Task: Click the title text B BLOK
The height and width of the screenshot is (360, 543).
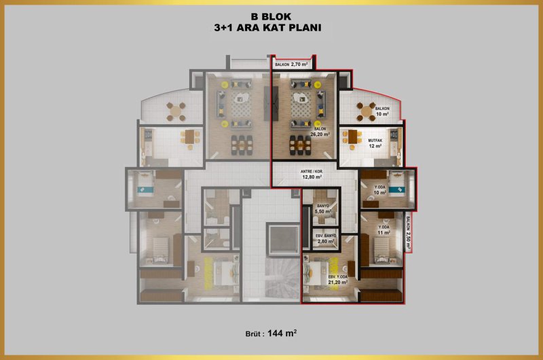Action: [271, 16]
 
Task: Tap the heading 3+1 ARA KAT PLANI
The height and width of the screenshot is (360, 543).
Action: [267, 28]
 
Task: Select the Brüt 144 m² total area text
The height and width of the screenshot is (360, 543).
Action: [271, 334]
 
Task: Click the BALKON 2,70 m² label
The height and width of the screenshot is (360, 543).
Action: [291, 65]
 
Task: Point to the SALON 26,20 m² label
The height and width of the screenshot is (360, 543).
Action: [320, 132]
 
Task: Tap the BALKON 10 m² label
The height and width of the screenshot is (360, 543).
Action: [382, 111]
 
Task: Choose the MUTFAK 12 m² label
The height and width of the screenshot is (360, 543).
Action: [375, 143]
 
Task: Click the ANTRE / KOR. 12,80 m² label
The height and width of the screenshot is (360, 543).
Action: [312, 175]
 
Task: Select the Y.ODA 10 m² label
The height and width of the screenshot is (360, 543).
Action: [380, 190]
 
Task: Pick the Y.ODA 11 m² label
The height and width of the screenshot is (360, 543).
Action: [383, 230]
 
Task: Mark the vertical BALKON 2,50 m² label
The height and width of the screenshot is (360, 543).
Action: [409, 233]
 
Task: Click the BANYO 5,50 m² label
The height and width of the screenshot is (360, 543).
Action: [323, 209]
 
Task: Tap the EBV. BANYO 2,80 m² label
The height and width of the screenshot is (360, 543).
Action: [326, 238]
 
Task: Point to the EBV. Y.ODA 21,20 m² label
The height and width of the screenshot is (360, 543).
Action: [337, 280]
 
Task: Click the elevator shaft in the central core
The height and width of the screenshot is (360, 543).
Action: [282, 239]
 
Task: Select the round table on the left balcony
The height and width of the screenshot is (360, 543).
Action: [176, 111]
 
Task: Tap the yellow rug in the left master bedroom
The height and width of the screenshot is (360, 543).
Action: [208, 273]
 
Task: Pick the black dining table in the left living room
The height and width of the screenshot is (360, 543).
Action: [242, 145]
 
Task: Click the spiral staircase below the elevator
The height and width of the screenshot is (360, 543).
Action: [282, 278]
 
